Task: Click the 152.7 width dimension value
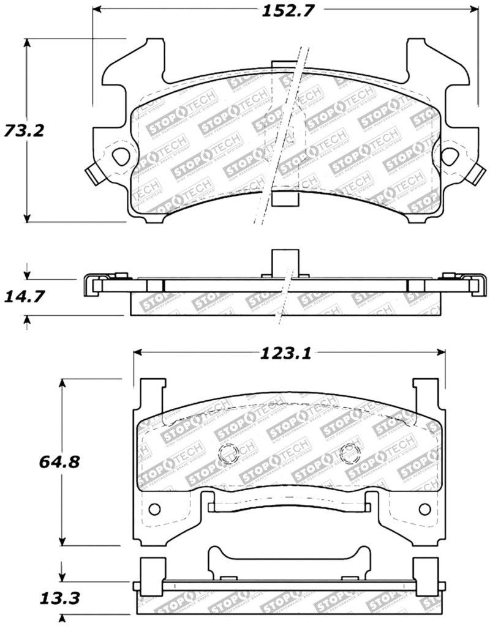pyautogui.click(x=284, y=10)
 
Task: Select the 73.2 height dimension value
pyautogui.click(x=24, y=130)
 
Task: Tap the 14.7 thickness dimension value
pyautogui.click(x=23, y=297)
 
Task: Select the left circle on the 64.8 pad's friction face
pyautogui.click(x=228, y=453)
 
